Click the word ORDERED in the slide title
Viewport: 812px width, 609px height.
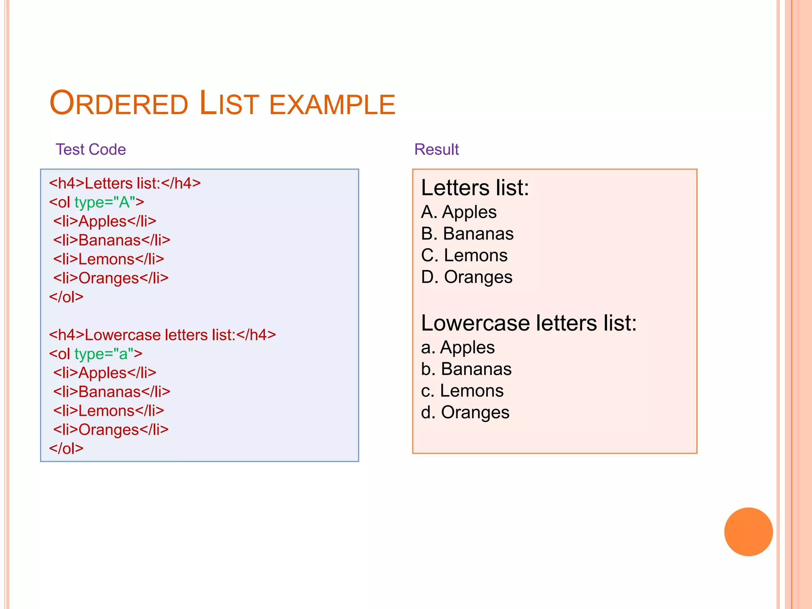(x=119, y=103)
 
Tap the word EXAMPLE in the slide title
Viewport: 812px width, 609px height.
(x=332, y=105)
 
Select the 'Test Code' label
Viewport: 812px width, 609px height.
(x=91, y=149)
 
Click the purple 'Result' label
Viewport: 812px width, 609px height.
(x=436, y=149)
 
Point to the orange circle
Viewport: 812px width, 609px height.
(x=748, y=532)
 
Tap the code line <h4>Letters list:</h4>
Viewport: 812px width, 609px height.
(x=125, y=183)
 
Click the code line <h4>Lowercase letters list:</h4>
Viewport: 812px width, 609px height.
(x=162, y=335)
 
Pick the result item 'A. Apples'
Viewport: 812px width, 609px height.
(x=459, y=212)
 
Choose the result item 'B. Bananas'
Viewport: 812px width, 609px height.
(x=467, y=234)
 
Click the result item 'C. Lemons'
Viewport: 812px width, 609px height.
(x=464, y=255)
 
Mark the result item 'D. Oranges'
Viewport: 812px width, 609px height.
(x=467, y=277)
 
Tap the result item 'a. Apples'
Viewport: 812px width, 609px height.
(x=458, y=348)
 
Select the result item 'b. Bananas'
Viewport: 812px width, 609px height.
(x=466, y=369)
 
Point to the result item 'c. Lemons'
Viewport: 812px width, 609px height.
(x=462, y=391)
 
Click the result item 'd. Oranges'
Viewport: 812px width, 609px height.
(x=465, y=413)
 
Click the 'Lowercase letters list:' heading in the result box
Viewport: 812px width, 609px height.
(x=529, y=323)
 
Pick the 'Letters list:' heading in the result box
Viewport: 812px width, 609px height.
(x=475, y=188)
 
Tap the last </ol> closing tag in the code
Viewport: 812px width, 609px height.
(x=66, y=448)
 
